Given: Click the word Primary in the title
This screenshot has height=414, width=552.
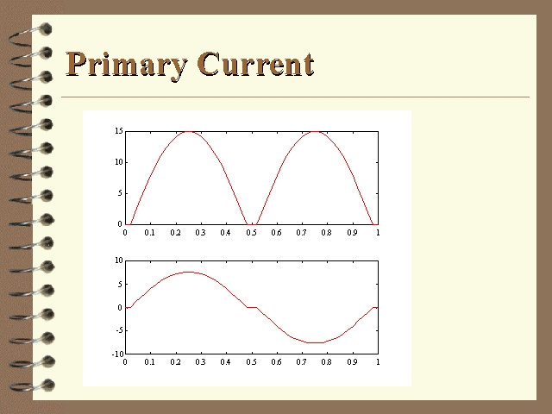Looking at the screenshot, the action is tap(127, 66).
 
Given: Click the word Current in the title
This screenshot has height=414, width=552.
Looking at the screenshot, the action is tap(255, 64).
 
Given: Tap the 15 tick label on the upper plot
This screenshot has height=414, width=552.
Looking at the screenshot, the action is tap(119, 131).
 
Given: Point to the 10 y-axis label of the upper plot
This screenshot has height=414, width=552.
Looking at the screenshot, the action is tap(119, 162).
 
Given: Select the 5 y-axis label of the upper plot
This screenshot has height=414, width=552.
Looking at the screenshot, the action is tap(120, 193).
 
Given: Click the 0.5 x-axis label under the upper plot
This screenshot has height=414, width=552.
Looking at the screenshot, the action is tap(251, 233).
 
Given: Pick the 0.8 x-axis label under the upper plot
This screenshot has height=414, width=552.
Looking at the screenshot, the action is tap(327, 233).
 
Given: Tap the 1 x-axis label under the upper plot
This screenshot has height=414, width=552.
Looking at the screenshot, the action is tap(378, 233).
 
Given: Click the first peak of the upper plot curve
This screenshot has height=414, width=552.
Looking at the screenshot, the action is tap(189, 132).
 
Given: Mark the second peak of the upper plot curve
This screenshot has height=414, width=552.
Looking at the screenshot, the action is tap(316, 132).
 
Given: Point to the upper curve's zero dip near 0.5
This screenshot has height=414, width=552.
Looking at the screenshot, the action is tap(252, 224).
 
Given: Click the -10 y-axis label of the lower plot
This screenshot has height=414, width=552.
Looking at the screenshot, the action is tap(118, 354).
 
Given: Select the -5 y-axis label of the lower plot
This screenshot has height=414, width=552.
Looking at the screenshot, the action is tap(119, 330).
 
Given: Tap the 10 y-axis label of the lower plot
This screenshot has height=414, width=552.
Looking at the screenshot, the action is tap(119, 260).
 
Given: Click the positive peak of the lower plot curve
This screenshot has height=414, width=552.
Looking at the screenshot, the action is tap(189, 272).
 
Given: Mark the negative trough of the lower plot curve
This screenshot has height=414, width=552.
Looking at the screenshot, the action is tap(316, 342).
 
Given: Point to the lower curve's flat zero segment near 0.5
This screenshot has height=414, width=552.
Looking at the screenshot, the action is tap(252, 307).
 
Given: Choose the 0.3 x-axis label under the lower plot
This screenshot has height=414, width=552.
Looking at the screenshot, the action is tap(200, 362).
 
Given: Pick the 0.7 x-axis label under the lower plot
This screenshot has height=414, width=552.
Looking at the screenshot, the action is tap(301, 362).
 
